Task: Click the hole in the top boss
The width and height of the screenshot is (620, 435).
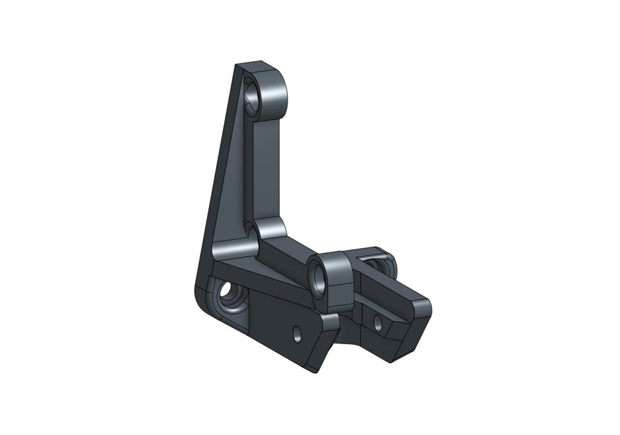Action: tap(252, 99)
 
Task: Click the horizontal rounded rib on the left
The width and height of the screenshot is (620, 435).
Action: tap(233, 248)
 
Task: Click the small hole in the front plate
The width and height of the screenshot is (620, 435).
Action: tap(297, 332)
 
